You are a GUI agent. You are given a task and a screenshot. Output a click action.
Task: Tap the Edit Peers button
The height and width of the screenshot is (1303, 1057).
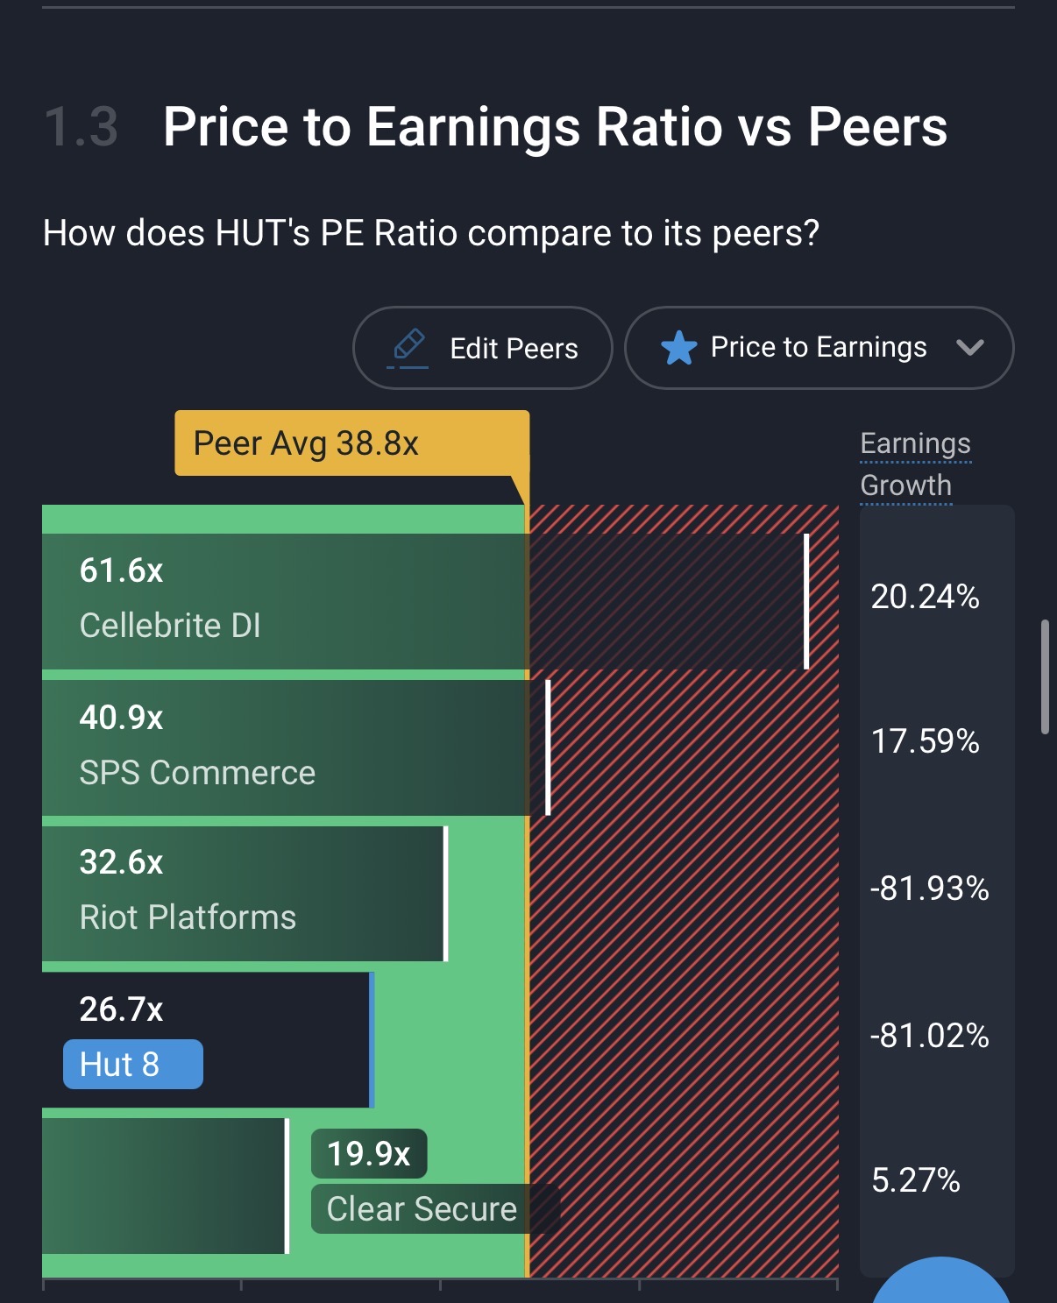click(483, 348)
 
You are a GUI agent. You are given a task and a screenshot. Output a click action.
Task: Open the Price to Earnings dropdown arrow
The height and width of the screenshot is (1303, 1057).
click(969, 348)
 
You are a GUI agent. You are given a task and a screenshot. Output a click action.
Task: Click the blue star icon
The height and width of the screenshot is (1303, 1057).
click(678, 348)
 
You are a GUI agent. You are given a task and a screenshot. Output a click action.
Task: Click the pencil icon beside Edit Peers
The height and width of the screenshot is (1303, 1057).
click(408, 345)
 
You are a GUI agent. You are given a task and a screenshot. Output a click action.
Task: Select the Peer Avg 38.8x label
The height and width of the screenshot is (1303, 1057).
click(306, 443)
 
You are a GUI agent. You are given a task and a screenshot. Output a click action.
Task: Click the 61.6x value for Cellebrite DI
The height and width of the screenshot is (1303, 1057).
click(121, 571)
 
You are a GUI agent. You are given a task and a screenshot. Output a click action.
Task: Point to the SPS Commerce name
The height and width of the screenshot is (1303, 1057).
click(197, 773)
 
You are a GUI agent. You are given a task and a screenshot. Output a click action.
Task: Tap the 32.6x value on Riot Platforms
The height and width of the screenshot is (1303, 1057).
click(121, 863)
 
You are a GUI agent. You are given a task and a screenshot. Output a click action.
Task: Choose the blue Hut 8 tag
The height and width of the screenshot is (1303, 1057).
click(132, 1065)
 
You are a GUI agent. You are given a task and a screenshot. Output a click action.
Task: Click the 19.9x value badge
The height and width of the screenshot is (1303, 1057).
click(369, 1154)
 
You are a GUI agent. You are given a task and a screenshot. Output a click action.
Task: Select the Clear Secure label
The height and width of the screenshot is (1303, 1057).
click(422, 1209)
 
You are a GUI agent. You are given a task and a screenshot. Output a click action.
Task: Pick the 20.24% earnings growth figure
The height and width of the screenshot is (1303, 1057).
click(925, 597)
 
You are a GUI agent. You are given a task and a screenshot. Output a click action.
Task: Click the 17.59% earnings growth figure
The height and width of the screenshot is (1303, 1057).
click(925, 741)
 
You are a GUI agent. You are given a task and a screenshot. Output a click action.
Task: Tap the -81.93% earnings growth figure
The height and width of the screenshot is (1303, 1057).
click(929, 889)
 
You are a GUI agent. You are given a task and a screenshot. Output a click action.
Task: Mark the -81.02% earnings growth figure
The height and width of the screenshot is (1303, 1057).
click(929, 1036)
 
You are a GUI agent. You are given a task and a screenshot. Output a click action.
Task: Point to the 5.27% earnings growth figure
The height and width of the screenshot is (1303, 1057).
click(916, 1180)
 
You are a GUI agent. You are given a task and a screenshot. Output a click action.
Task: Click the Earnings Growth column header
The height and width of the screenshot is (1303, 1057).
click(915, 464)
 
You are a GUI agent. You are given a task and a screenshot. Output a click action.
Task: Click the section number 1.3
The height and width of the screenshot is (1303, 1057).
click(81, 127)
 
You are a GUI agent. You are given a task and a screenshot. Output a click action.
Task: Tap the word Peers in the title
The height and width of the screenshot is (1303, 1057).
click(876, 127)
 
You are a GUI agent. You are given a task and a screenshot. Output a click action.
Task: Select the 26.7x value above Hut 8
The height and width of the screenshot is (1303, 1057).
click(121, 1009)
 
